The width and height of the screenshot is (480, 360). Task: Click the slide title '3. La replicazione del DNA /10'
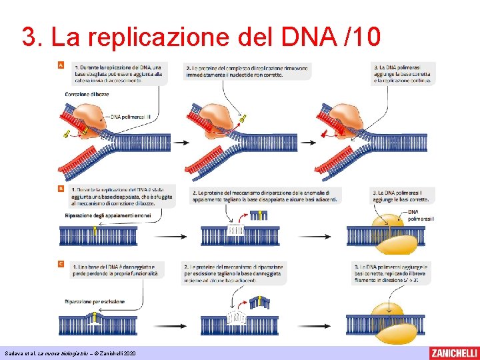[201, 37]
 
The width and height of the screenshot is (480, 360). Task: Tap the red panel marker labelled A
[61, 66]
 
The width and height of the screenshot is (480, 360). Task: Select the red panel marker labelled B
[61, 189]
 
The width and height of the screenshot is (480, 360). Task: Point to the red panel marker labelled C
[61, 264]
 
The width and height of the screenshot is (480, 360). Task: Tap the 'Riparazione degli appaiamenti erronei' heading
[109, 216]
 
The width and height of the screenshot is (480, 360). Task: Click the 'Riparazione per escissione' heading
[95, 302]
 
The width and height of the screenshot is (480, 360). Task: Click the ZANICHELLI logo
[453, 353]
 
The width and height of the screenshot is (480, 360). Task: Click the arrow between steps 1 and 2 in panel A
[180, 141]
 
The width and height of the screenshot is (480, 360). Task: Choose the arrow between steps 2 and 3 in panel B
[325, 237]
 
